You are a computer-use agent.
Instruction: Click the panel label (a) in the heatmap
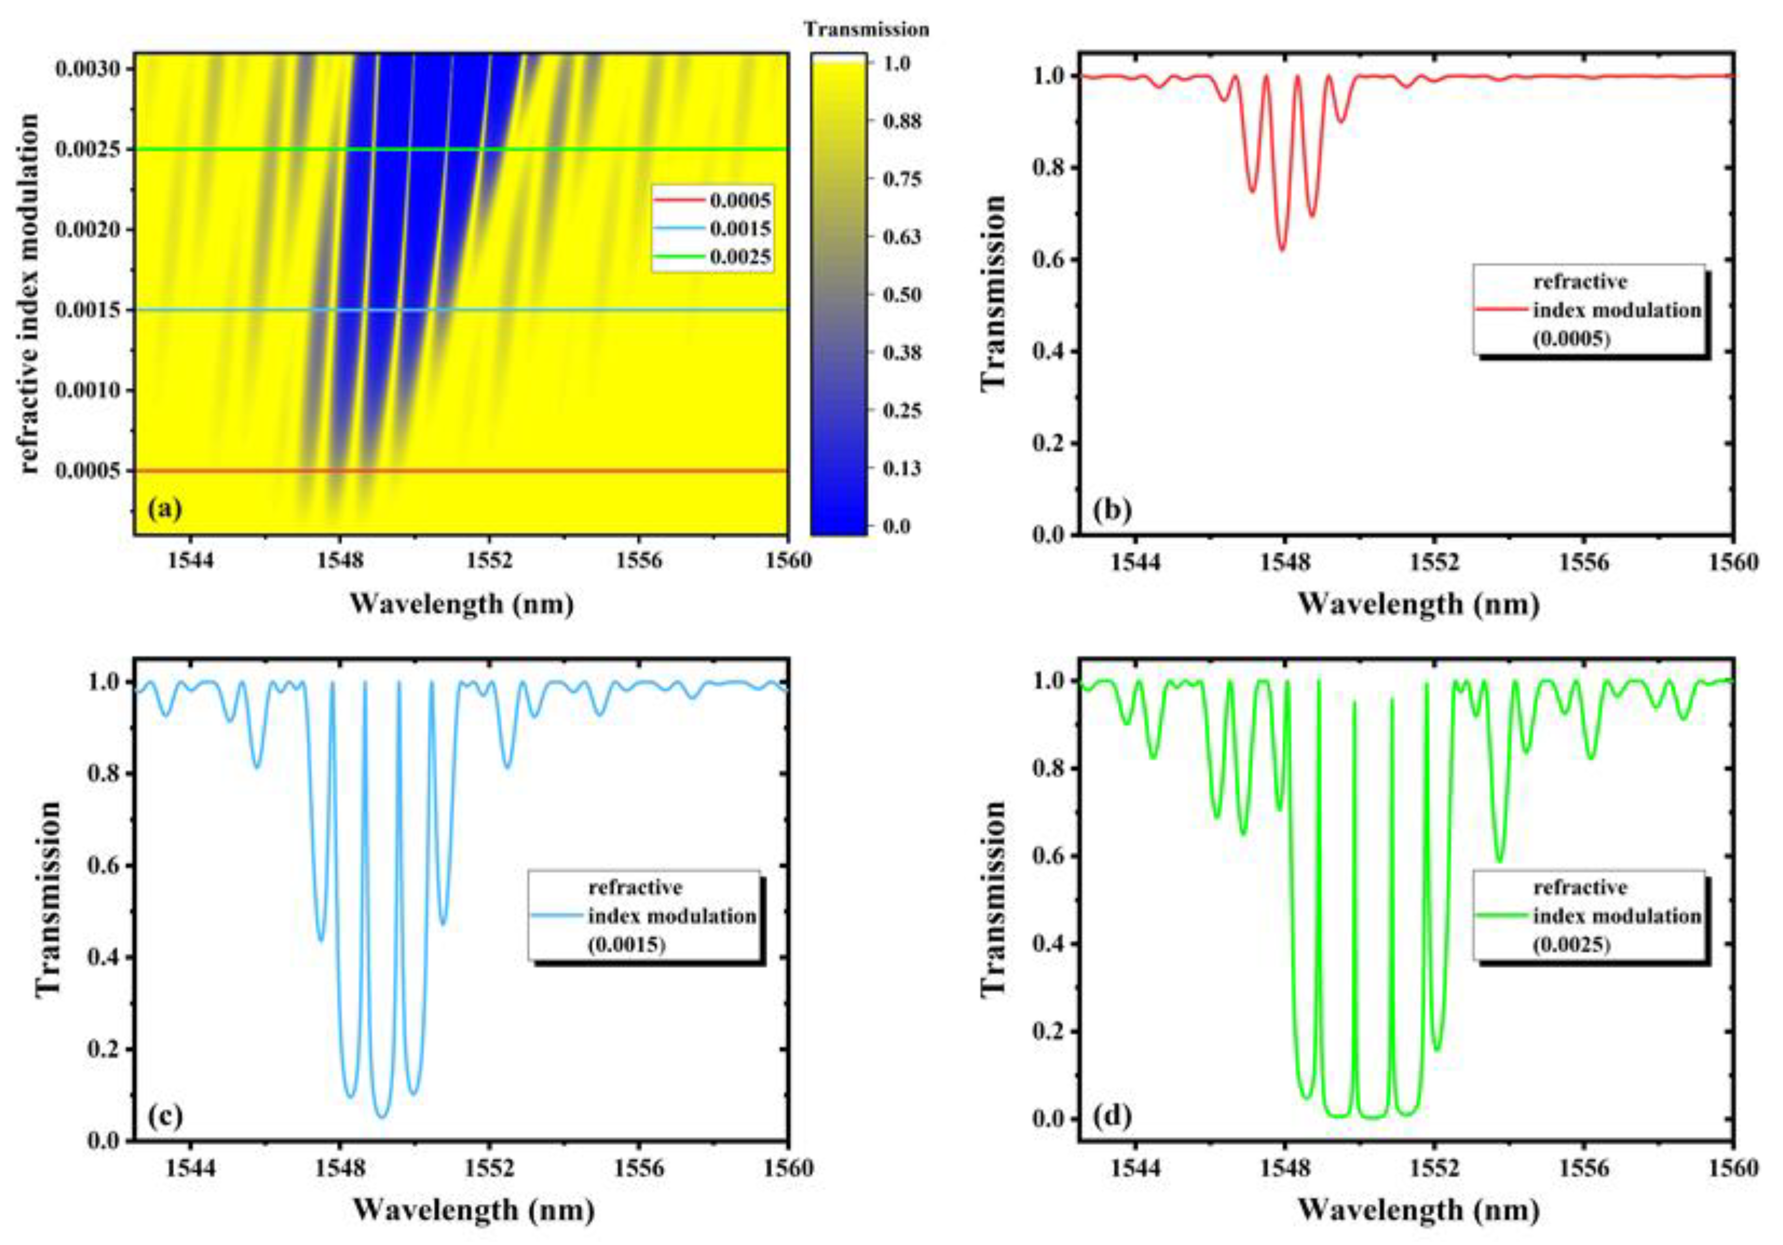coord(165,509)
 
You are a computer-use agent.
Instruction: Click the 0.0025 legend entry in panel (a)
coord(739,257)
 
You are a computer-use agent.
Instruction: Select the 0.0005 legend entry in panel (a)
coord(739,200)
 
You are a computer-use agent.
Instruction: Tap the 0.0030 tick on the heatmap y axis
coord(87,69)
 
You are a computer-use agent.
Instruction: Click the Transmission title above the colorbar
coord(866,30)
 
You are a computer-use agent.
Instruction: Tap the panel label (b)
coord(1112,509)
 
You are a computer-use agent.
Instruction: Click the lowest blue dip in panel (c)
coord(381,1116)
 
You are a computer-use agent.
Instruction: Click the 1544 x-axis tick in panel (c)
coord(190,1168)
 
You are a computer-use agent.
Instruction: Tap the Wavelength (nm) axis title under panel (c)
coord(474,1210)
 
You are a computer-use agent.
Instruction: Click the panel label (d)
coord(1112,1116)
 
